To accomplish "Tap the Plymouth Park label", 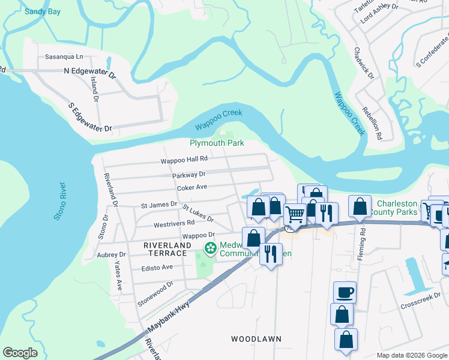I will point(217,143).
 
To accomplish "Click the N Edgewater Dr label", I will point(89,71).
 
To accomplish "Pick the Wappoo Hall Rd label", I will point(184,160).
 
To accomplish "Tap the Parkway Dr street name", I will point(188,174).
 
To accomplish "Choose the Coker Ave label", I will point(191,187).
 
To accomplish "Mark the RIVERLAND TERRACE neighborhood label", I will point(167,245).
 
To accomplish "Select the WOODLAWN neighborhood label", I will point(256,339).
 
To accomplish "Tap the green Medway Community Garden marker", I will point(210,248).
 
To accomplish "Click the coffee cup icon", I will point(345,292).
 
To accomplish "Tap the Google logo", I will point(20,353).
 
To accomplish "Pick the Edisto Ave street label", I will point(157,267).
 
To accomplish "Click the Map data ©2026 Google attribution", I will point(411,355).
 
